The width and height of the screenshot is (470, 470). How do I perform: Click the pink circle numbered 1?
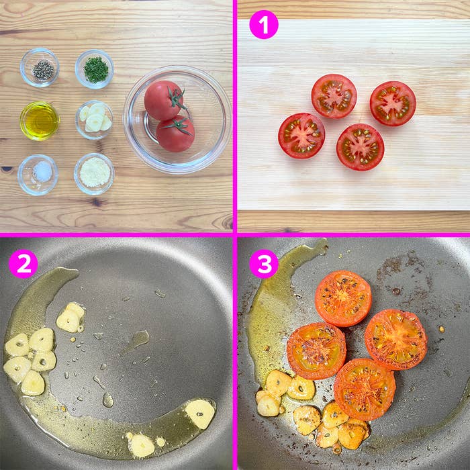tap(264, 25)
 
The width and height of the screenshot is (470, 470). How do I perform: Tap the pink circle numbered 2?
tap(23, 264)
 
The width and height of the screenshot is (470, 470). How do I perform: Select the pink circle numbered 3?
tap(264, 264)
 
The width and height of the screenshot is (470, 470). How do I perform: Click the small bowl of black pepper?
tap(40, 67)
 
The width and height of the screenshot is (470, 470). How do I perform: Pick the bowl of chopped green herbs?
tap(95, 69)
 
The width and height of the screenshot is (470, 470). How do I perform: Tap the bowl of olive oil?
tap(40, 121)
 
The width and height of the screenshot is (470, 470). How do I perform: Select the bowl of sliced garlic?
tap(95, 120)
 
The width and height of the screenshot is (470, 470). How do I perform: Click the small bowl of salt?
tap(38, 175)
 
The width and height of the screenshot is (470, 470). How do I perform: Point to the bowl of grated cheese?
tap(94, 174)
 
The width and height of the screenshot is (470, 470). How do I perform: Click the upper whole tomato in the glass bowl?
tap(164, 101)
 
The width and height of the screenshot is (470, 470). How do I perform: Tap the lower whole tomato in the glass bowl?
tap(175, 134)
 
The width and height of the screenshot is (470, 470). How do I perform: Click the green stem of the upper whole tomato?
tap(176, 98)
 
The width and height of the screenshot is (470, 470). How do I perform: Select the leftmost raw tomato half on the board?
tap(301, 136)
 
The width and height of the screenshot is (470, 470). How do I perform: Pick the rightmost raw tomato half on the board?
tap(393, 103)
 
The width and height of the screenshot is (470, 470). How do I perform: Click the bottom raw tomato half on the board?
tap(360, 147)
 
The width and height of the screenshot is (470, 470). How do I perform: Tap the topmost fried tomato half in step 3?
tap(343, 299)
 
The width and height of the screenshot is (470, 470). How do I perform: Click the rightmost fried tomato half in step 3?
tap(396, 340)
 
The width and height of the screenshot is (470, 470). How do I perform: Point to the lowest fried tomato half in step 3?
tap(365, 389)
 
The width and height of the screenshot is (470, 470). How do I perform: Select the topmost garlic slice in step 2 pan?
tap(70, 318)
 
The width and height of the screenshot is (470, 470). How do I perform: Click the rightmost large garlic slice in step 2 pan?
tap(200, 414)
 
